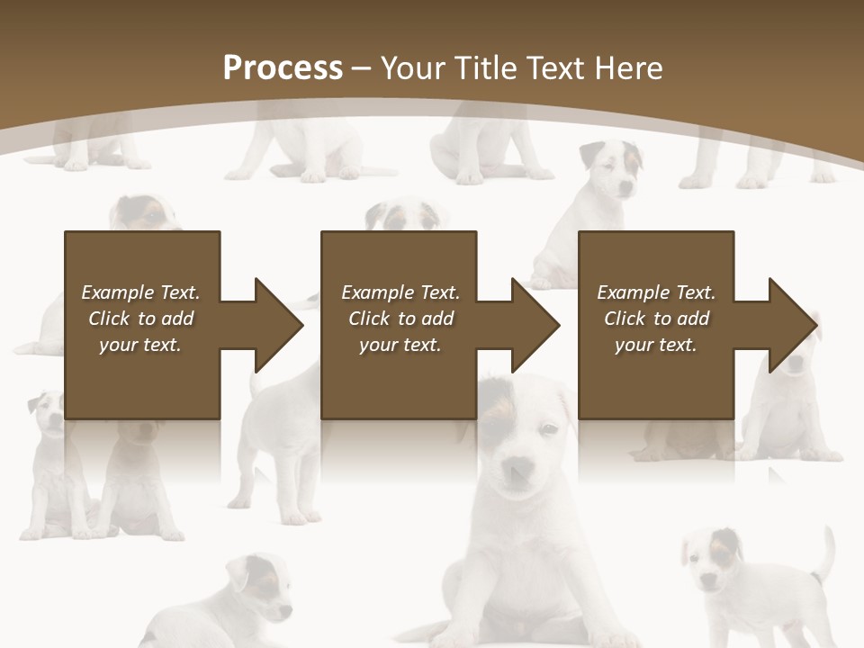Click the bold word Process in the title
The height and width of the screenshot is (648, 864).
[x=283, y=68]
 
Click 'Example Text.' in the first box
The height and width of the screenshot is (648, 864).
[x=140, y=292]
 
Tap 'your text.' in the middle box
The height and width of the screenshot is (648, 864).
[x=400, y=345]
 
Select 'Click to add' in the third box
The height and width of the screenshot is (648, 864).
[x=656, y=319]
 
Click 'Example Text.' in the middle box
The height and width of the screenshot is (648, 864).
[x=400, y=292]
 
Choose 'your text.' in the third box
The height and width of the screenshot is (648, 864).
[x=656, y=345]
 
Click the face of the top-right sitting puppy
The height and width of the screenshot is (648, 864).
[x=611, y=171]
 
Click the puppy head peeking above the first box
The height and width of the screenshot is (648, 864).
[x=144, y=214]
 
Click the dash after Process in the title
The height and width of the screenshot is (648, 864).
[x=362, y=68]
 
